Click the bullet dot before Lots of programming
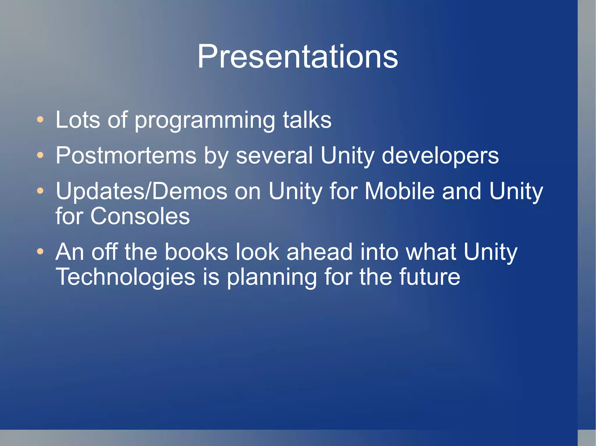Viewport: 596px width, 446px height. [40, 119]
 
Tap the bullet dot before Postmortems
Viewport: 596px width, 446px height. [40, 155]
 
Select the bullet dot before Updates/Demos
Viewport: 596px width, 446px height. [40, 191]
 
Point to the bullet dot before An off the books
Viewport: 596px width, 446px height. [40, 251]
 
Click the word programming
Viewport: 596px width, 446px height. [205, 121]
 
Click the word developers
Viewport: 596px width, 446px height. [440, 156]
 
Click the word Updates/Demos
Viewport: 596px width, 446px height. [141, 191]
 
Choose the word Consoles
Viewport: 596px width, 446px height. [140, 216]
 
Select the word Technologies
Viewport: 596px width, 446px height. [125, 277]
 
